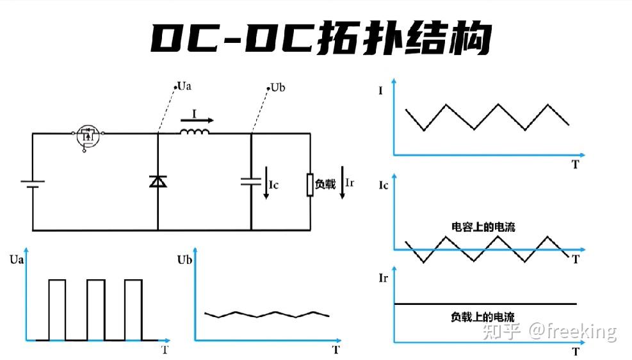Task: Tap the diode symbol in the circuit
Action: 158,181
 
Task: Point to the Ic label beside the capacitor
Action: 273,185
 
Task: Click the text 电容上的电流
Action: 483,227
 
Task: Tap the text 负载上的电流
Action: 483,316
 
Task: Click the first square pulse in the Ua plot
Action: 57,309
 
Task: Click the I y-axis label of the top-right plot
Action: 381,91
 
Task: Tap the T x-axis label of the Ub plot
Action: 336,349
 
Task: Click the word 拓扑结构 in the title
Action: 403,38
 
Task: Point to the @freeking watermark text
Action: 572,331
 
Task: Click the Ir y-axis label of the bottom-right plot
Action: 384,277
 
